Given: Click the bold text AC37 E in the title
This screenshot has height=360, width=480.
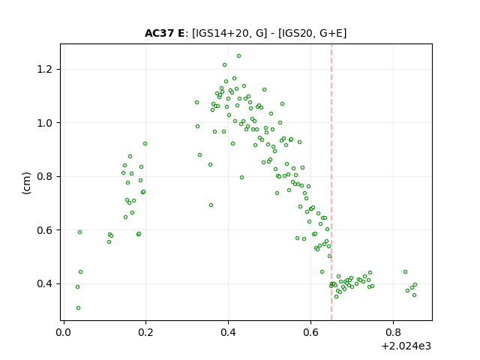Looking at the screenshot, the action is click(x=164, y=33).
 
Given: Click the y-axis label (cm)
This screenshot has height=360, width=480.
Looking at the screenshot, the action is click(x=27, y=183).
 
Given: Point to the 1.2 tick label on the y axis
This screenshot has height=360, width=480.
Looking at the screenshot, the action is click(x=44, y=70).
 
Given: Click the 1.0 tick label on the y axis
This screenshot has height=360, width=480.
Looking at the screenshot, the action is click(x=44, y=123).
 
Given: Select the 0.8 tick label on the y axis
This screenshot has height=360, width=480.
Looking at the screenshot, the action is click(x=44, y=177).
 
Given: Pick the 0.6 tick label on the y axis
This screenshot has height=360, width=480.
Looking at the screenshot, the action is click(x=44, y=230).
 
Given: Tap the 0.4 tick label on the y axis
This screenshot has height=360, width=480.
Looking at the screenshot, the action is click(x=44, y=283).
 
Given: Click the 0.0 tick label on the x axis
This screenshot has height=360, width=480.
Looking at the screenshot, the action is click(x=63, y=332).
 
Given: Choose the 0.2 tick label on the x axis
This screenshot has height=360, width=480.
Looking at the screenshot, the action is click(x=145, y=332).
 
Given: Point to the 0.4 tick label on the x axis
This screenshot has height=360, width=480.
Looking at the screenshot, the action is click(x=228, y=332).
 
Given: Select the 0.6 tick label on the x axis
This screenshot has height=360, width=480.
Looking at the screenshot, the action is click(x=310, y=332).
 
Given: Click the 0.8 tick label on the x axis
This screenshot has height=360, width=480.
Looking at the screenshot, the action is click(x=393, y=332).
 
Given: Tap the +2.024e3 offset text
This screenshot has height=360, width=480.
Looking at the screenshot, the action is click(x=406, y=346).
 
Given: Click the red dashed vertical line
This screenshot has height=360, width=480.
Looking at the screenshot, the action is click(x=331, y=182).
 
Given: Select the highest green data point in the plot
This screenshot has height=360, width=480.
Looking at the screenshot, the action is click(x=238, y=56).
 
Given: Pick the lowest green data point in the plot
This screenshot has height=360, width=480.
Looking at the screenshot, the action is click(x=78, y=308).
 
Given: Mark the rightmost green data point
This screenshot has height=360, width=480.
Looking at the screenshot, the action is click(x=415, y=285).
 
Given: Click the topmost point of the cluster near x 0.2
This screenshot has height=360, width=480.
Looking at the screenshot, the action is click(x=145, y=143).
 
